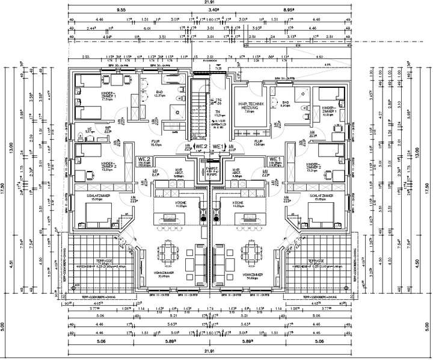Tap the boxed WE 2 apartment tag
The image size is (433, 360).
(x=200, y=146)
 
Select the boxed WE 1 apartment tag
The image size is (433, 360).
(x=218, y=146)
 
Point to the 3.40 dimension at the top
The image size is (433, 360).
(x=213, y=10)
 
